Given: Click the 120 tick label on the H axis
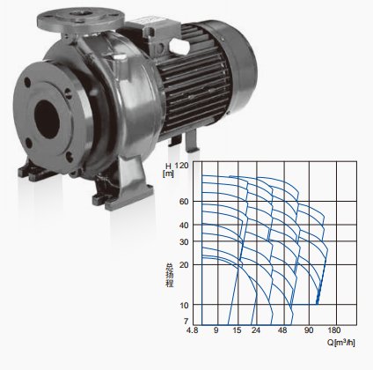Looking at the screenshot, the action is coord(182,166).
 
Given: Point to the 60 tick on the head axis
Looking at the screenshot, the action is coord(185,202).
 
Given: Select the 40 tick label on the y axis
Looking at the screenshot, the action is coord(185,226).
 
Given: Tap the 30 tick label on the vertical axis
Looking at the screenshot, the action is coord(185,241).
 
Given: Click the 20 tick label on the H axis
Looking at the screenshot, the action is coord(185,264).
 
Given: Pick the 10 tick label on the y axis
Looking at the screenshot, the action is coord(185,306).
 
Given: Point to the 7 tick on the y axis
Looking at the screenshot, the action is coord(186,321).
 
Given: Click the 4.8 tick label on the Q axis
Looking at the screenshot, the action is coord(192,330).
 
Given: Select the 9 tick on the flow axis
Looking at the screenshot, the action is coord(216,330).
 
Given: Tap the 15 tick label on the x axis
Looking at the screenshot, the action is coord(238,330).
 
